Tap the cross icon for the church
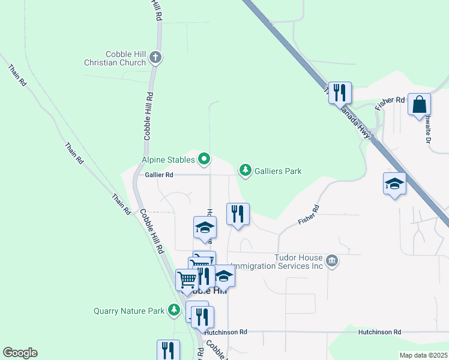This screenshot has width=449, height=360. [x=155, y=58]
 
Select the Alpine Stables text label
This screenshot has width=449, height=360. [x=168, y=160]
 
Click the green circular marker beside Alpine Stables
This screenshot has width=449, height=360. [x=204, y=159]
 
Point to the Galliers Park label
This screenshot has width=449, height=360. [x=278, y=172]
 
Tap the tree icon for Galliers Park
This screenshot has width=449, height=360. [x=246, y=171]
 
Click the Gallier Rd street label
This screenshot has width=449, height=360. [x=159, y=175]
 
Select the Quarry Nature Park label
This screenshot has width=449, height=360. [x=129, y=311]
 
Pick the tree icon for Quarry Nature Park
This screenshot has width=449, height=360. [x=174, y=310]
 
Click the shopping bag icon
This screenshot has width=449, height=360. [x=419, y=104]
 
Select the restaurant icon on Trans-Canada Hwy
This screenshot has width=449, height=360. [x=340, y=92]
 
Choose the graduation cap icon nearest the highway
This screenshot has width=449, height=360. [x=395, y=184]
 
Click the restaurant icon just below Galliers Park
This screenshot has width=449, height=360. [x=238, y=214]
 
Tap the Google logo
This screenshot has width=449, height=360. [x=20, y=353]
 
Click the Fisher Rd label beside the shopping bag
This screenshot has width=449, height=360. [x=390, y=103]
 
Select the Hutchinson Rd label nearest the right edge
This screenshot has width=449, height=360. [x=379, y=332]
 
